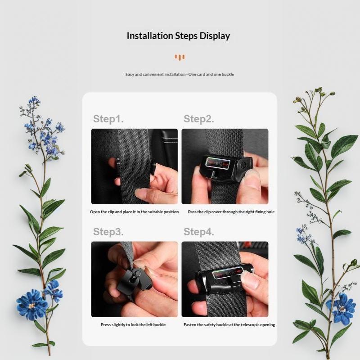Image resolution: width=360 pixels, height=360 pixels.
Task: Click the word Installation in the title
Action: [x=150, y=36]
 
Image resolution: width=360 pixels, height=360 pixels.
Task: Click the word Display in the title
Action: [x=215, y=36]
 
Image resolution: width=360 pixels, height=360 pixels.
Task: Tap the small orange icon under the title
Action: [x=180, y=58]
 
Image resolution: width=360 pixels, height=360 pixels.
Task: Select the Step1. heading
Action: [x=108, y=119]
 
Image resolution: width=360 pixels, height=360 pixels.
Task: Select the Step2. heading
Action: [x=199, y=119]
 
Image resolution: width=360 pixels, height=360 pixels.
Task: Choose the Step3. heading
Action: [x=108, y=232]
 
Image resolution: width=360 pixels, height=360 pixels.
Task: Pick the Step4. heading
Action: [x=199, y=232]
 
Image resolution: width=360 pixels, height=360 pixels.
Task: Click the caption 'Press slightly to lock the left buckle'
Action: [x=133, y=325]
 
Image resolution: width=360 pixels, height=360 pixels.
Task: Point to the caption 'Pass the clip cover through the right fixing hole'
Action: [x=231, y=212]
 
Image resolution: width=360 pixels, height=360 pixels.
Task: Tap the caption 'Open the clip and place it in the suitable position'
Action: [x=134, y=212]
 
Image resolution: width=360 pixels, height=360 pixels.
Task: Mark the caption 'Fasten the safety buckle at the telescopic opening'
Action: [x=229, y=325]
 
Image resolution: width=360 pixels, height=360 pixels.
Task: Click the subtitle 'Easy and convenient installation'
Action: [x=155, y=74]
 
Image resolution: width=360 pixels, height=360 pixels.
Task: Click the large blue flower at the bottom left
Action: [x=32, y=305]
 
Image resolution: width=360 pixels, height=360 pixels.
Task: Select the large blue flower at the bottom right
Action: [x=342, y=308]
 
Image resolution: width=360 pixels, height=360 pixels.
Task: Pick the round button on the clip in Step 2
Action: [x=243, y=165]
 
